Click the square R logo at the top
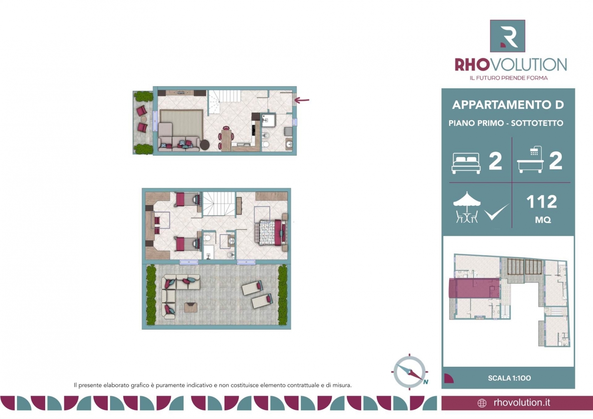coord(507,36)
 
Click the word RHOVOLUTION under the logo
coord(511,65)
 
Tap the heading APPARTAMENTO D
coord(508,105)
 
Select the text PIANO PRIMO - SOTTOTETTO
coord(506,123)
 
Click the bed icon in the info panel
coord(466,163)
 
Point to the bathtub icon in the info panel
coord(530,160)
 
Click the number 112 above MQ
coord(541,201)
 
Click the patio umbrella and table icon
coord(467,207)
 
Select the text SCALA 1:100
coord(509,378)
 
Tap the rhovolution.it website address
coord(522,402)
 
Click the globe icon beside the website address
coord(482,403)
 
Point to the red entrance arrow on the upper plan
coord(302,100)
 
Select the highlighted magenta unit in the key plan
coord(474,288)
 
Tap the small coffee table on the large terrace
coord(191,307)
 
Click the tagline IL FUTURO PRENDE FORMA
coord(508,78)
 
